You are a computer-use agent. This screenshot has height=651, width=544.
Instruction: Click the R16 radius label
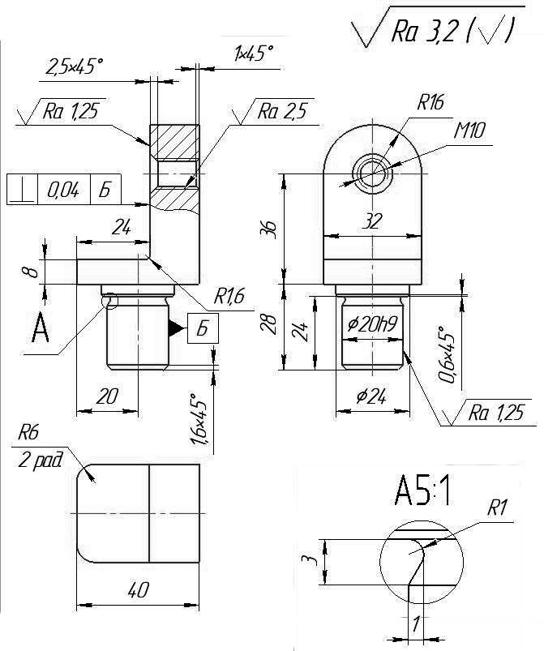point(430,102)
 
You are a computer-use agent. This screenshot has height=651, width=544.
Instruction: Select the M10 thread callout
point(469,131)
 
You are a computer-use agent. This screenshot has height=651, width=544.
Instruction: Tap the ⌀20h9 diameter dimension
point(372,324)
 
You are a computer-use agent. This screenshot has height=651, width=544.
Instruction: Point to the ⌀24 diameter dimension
point(371,397)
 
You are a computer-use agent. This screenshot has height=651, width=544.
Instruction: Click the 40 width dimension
point(138,590)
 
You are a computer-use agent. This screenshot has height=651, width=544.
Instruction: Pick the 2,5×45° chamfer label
point(74,66)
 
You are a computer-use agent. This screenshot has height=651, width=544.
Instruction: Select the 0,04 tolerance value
point(63,191)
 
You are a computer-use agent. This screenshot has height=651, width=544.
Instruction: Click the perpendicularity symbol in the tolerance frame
point(22,191)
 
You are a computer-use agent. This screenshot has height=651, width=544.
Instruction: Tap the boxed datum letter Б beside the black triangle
point(203,328)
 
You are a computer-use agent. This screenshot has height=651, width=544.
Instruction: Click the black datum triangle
point(176,328)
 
